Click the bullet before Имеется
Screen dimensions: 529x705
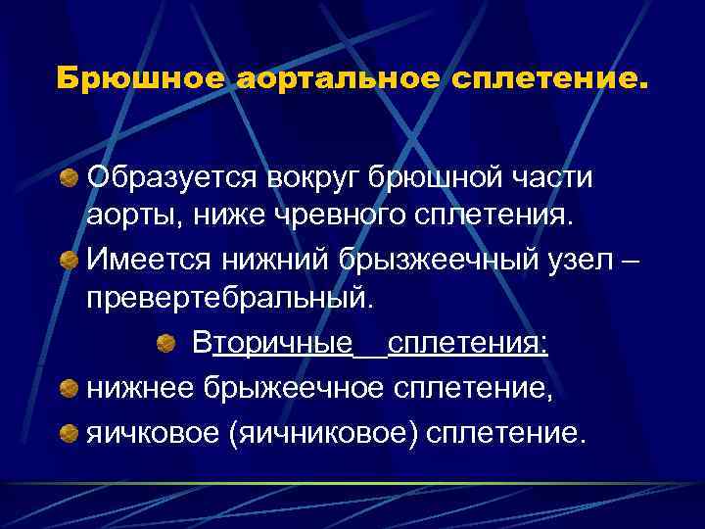tap(70, 260)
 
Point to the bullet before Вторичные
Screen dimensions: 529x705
tap(166, 345)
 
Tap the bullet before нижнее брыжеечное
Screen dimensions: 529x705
tap(70, 390)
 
